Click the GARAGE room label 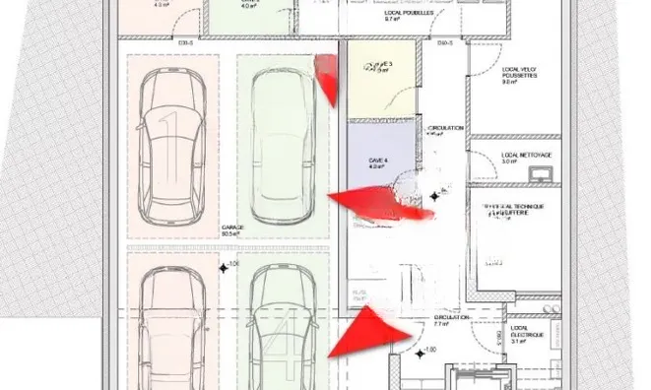coord(232,227)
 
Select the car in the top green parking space coord(280,146)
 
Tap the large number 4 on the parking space coord(287,350)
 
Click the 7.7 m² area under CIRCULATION coord(441,324)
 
